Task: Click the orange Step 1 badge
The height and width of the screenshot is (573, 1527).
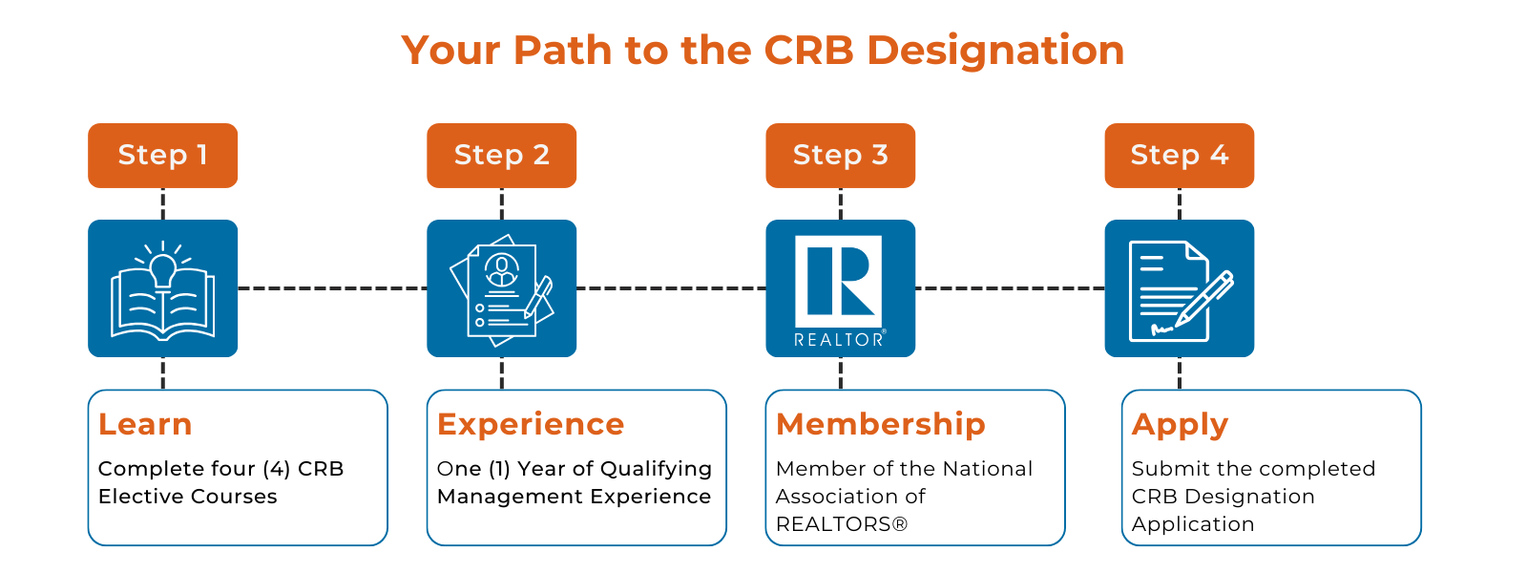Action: pos(163,156)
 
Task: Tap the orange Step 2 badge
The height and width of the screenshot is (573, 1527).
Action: pos(502,156)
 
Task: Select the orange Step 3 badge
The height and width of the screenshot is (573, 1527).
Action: pos(841,156)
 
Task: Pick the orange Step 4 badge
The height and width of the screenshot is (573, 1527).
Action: pos(1180,156)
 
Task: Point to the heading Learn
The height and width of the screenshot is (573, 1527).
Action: pos(145,424)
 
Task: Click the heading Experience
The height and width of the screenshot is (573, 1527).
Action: pos(531,425)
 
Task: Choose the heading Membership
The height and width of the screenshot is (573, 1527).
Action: pos(881,424)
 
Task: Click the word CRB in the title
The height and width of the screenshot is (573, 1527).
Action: pos(808,50)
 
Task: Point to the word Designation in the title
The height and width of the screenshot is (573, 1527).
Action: pos(995,52)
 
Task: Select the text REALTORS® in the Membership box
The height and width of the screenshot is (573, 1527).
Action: pos(842,524)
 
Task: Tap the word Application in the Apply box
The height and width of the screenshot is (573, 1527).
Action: pos(1193,524)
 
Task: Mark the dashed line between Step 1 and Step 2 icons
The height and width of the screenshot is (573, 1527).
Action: pos(332,288)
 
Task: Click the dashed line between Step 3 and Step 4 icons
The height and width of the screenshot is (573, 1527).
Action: pos(1010,288)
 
